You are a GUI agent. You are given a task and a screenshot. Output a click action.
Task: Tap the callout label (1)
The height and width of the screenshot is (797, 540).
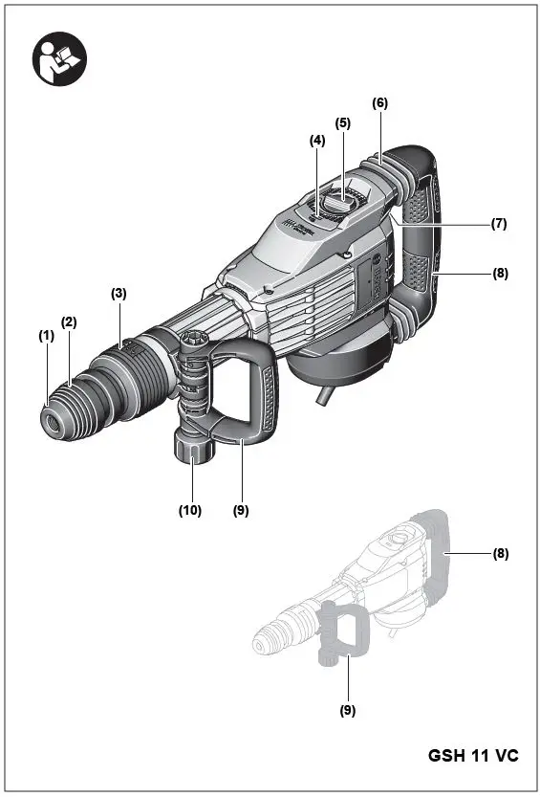(x=45, y=336)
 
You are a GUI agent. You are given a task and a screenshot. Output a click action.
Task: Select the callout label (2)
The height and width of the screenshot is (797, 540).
(x=69, y=322)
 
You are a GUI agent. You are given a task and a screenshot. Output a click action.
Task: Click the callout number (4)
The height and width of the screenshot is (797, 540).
(x=317, y=140)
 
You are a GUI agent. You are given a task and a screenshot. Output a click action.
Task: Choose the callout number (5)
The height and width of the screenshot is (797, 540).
(x=343, y=122)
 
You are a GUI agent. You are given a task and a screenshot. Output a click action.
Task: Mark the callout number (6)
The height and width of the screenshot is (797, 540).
(x=380, y=103)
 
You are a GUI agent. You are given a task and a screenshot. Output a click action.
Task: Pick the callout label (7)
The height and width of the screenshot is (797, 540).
(x=499, y=224)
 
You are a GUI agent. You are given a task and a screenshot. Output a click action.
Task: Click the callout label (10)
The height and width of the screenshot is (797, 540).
(x=190, y=511)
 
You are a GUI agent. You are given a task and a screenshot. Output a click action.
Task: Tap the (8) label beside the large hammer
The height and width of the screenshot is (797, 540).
(x=499, y=273)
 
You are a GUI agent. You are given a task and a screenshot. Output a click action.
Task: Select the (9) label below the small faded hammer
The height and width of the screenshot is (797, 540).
(x=348, y=710)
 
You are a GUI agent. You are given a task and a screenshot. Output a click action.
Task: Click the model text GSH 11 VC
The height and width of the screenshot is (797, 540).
(x=473, y=756)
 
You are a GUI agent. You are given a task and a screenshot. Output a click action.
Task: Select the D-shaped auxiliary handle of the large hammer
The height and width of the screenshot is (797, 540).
(x=258, y=392)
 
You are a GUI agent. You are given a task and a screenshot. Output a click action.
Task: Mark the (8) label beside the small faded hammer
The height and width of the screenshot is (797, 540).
(x=499, y=554)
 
